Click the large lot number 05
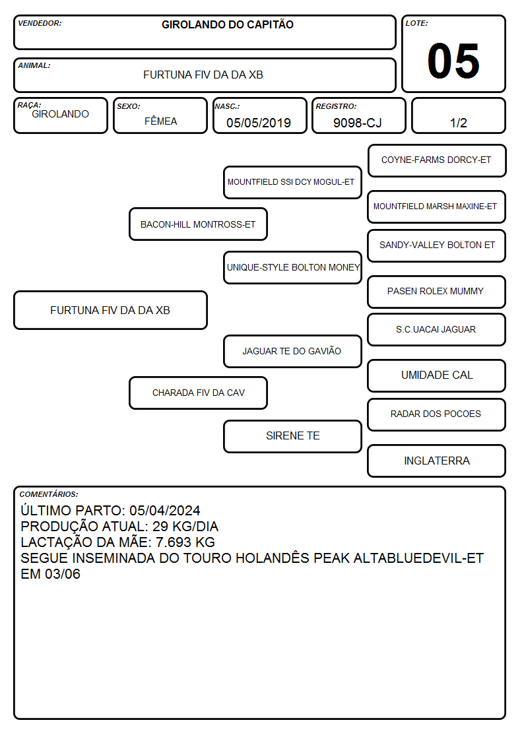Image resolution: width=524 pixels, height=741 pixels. (453, 61)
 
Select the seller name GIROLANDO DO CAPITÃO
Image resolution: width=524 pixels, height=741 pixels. (227, 24)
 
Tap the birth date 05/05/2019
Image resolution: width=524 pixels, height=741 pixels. (259, 123)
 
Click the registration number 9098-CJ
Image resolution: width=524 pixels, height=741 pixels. (357, 123)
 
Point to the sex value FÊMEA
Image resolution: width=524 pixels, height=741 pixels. (160, 121)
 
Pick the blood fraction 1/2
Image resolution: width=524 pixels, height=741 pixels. (458, 123)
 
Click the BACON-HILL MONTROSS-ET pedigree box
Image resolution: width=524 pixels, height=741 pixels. (198, 224)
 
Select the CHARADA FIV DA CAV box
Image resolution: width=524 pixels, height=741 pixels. (198, 393)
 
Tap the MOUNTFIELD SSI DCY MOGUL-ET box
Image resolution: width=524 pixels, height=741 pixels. (292, 182)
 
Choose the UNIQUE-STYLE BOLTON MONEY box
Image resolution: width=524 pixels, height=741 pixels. (292, 267)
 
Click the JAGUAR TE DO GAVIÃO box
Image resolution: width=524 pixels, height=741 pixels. (292, 351)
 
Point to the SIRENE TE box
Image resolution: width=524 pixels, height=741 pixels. (292, 436)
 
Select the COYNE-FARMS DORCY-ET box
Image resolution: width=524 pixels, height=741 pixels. (437, 161)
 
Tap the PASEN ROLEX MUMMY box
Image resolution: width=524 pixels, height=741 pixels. (437, 292)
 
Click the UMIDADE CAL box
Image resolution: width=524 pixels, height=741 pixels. (437, 375)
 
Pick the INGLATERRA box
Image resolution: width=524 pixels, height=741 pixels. (437, 461)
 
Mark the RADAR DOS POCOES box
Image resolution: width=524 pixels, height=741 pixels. (437, 414)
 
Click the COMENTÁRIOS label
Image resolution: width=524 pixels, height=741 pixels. (49, 494)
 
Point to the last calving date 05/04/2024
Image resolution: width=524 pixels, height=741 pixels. (165, 510)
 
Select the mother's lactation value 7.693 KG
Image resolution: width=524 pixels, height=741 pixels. (185, 542)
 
